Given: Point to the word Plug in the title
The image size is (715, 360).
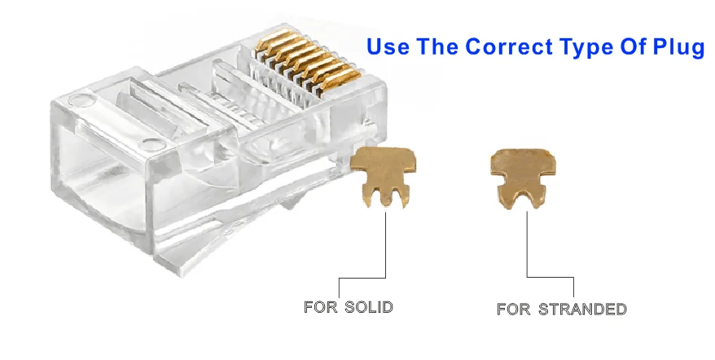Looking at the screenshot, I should (679, 47).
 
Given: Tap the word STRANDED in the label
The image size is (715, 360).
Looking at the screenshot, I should (582, 309).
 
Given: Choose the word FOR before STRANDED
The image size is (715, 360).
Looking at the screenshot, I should (514, 309).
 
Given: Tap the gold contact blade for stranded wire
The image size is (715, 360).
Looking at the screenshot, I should (521, 171).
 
